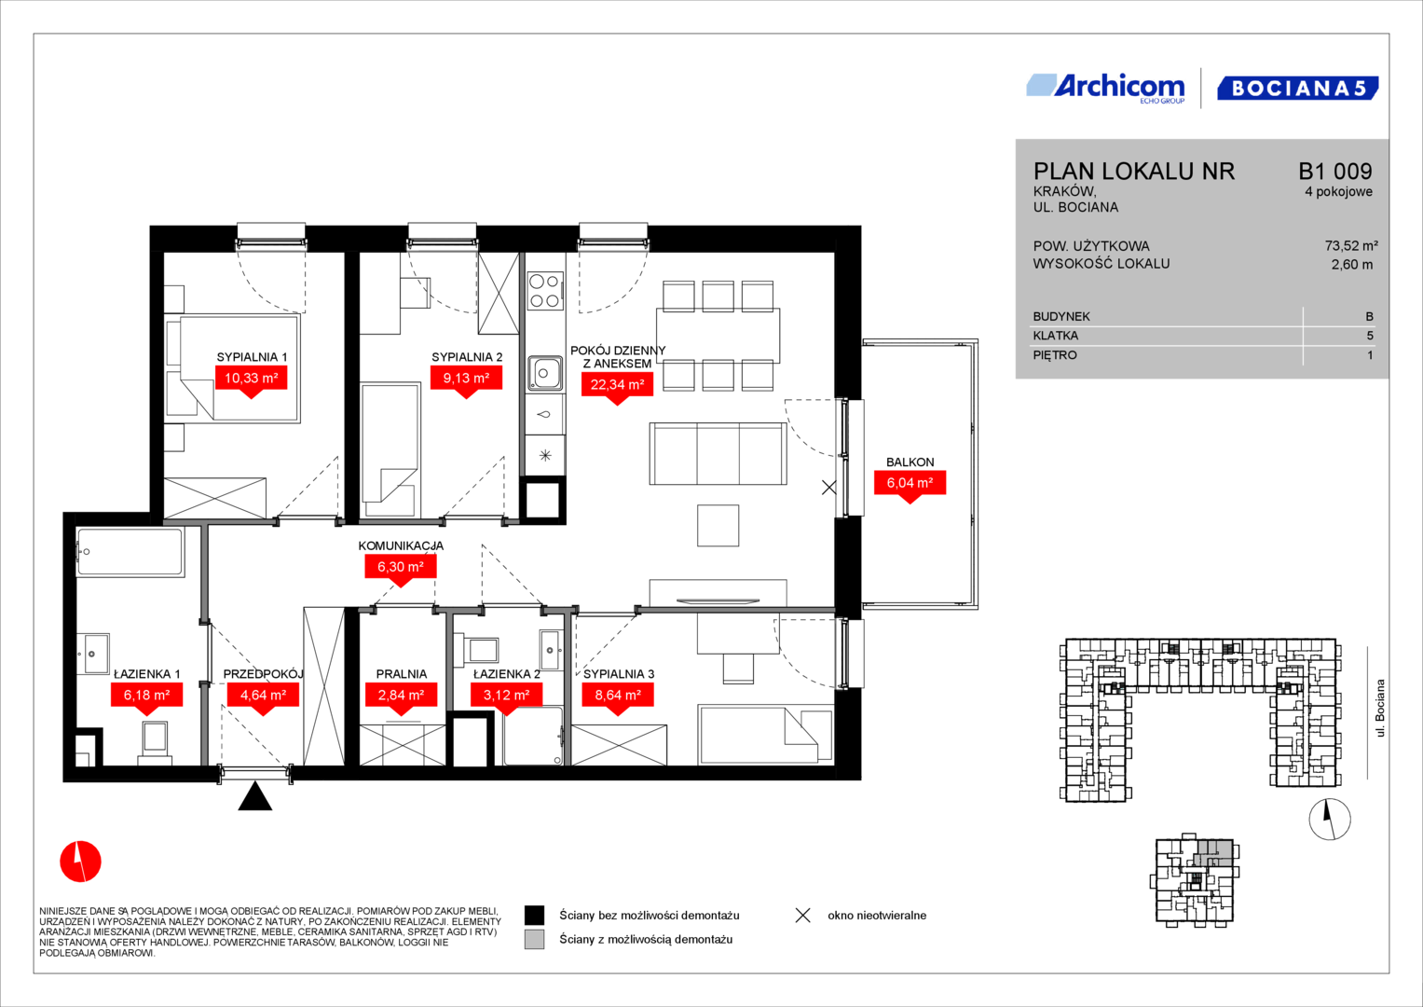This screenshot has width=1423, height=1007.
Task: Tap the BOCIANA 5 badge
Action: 1298,88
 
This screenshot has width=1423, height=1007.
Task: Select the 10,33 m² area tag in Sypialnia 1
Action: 251,379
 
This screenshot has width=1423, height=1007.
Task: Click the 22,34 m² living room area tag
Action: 617,385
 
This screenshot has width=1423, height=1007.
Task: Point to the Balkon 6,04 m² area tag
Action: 910,484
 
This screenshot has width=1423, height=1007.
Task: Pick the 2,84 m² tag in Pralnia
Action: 401,697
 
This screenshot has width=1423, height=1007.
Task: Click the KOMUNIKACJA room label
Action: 401,545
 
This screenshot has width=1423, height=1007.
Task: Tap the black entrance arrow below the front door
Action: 254,797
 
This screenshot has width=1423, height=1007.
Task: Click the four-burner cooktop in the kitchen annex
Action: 545,290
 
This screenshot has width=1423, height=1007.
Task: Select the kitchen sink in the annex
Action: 544,373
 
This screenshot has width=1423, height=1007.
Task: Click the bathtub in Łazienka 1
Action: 130,552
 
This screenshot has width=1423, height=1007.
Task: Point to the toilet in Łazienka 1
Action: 155,743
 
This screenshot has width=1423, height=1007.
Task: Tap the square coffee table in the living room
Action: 718,526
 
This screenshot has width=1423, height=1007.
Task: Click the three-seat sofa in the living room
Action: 718,454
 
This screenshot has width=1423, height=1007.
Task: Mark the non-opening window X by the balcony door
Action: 829,488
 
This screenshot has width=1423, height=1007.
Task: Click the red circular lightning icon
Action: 81,862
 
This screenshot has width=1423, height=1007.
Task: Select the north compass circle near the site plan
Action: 1330,820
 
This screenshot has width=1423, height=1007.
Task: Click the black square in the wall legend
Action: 534,916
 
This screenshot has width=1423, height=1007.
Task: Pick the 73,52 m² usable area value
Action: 1351,245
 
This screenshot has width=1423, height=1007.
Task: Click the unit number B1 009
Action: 1335,171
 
